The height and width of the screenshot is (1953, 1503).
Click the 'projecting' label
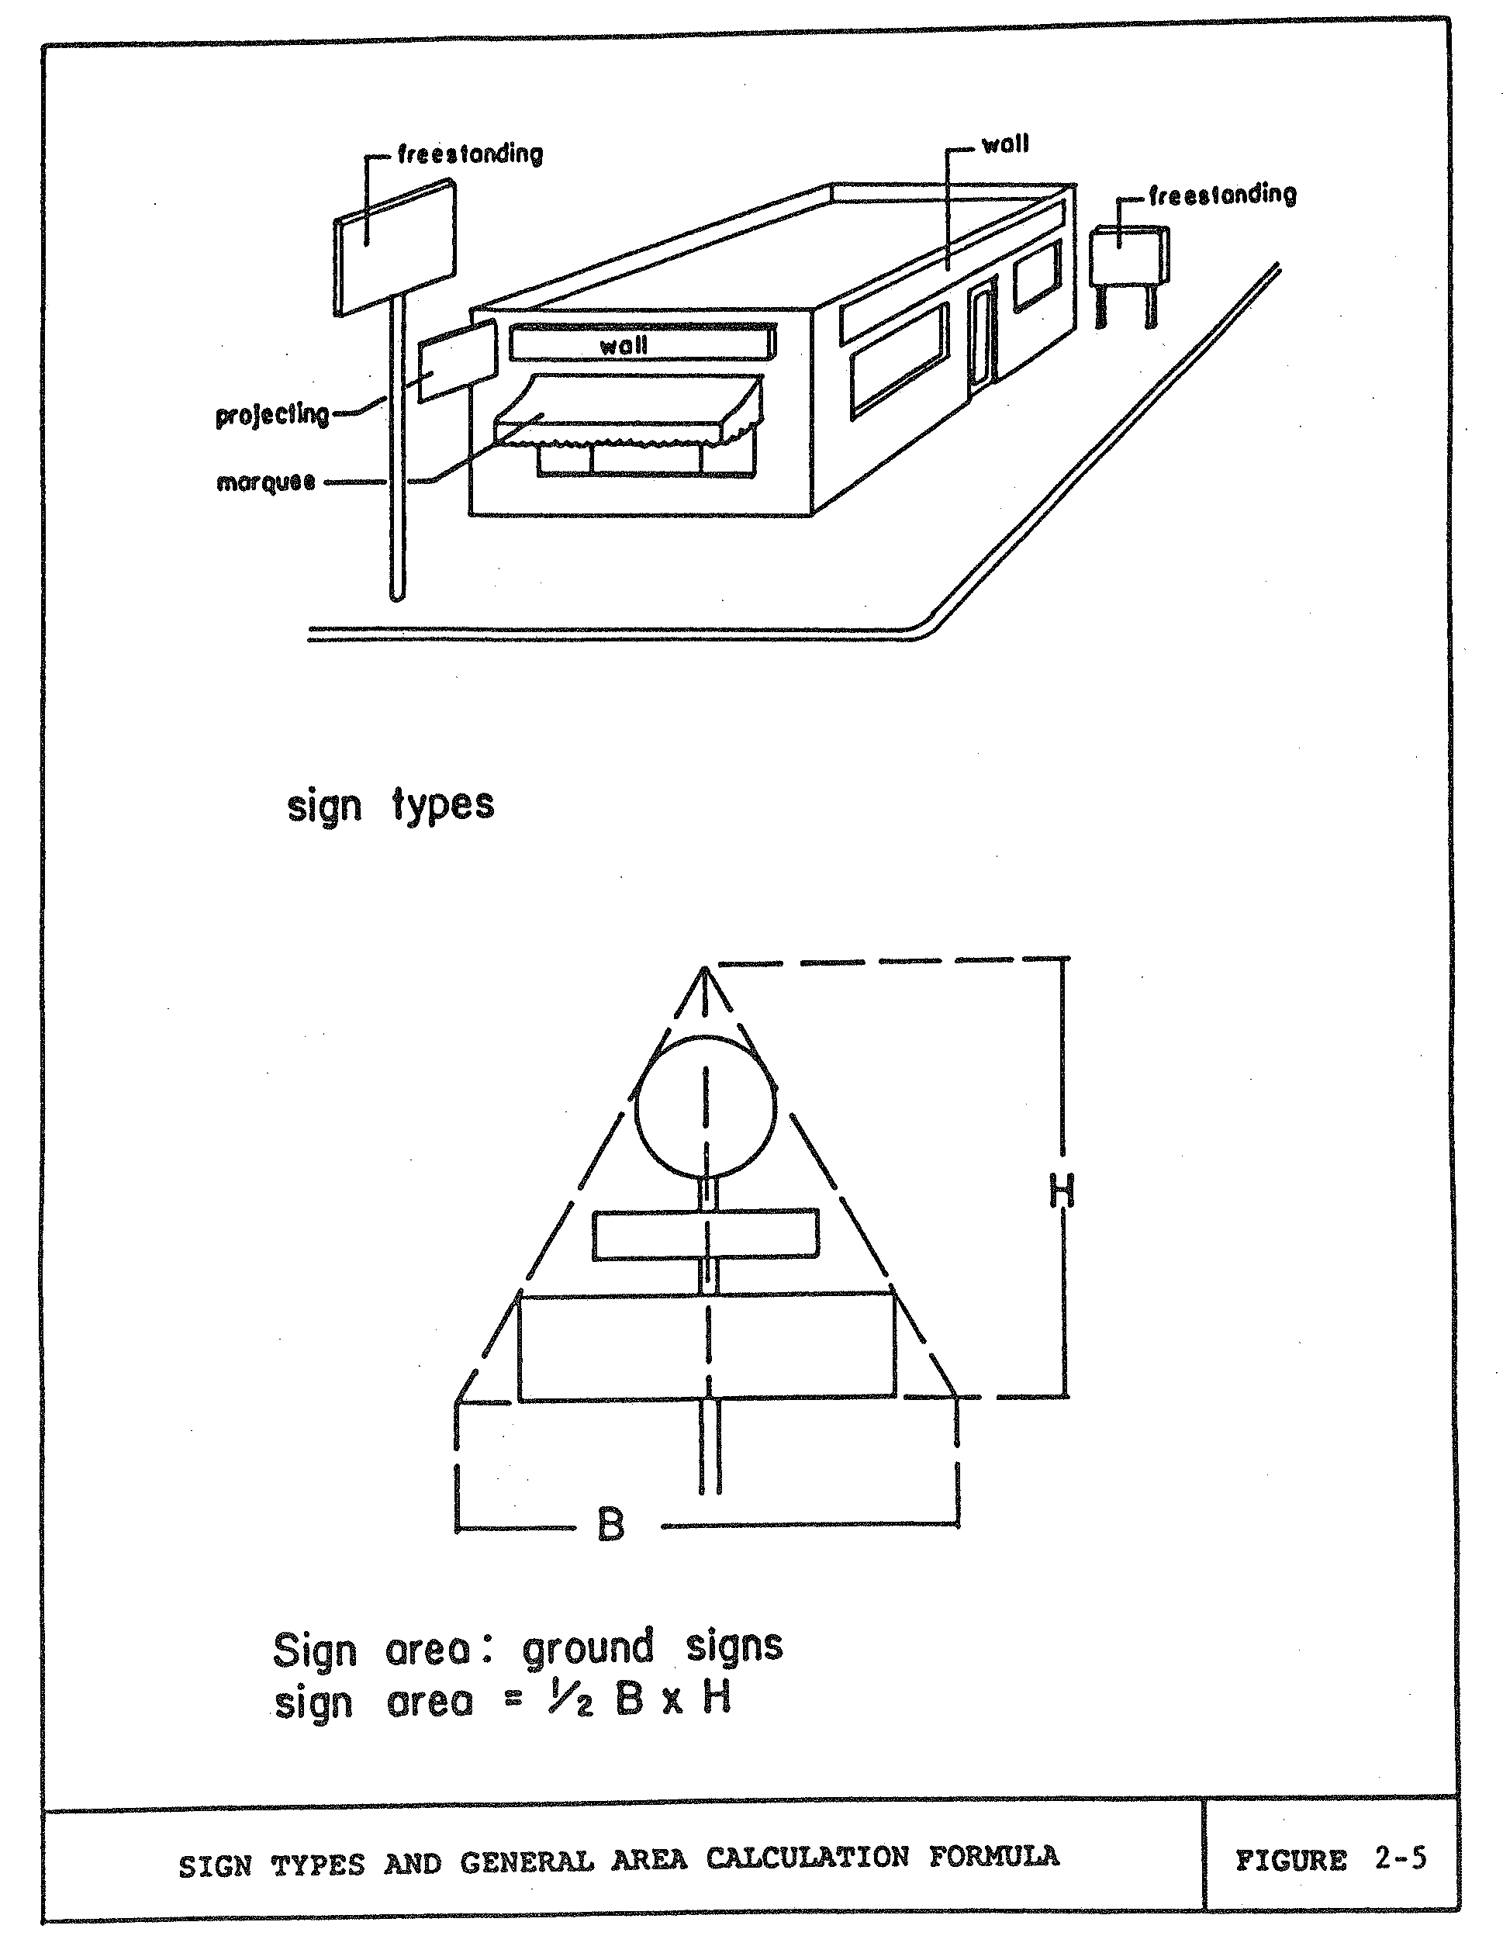(x=271, y=414)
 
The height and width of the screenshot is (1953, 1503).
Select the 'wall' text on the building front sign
(x=624, y=345)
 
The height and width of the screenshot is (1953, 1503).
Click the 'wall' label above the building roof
(x=1005, y=144)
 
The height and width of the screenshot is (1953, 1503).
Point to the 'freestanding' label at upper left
(x=470, y=154)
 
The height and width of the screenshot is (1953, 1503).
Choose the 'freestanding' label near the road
(x=1222, y=195)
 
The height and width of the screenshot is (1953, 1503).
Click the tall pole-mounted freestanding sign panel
(x=394, y=246)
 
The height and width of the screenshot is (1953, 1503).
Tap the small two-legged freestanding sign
(x=1128, y=258)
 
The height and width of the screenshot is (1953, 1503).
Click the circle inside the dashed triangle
(x=706, y=1106)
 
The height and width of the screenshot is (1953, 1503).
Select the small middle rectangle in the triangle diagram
(x=706, y=1235)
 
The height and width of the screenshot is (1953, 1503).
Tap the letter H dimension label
(x=1061, y=1191)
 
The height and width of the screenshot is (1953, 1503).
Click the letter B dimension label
(x=610, y=1524)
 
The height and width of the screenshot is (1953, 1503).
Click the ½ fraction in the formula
(x=569, y=1700)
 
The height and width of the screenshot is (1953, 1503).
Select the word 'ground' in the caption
(x=587, y=1648)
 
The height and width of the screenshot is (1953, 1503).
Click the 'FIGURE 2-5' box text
(x=1329, y=1860)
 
